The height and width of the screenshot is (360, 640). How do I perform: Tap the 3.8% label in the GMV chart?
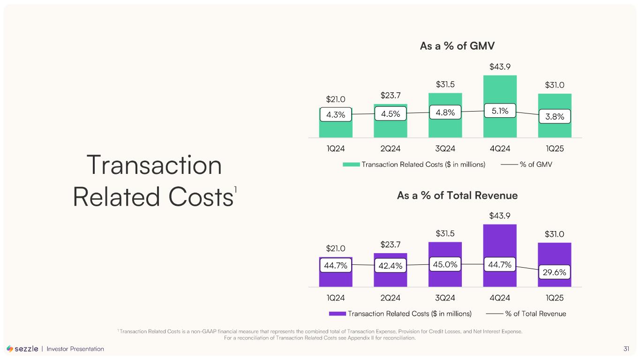[x=555, y=116]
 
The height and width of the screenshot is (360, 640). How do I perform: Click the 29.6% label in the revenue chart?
[x=555, y=272]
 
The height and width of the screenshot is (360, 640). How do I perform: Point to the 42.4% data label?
[x=390, y=266]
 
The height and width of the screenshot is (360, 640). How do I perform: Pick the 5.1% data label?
[x=499, y=111]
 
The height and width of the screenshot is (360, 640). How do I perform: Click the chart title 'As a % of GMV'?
[x=458, y=46]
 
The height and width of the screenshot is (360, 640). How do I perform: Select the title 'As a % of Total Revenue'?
[x=457, y=195]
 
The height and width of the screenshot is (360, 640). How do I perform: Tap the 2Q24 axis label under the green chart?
[x=390, y=149]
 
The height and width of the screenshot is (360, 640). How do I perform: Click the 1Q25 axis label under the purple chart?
[x=555, y=298]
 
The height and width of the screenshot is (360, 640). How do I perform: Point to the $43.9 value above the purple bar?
[x=500, y=216]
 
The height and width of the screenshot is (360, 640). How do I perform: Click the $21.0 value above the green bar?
[x=336, y=99]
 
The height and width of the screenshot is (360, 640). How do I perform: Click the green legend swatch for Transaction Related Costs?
[x=351, y=165]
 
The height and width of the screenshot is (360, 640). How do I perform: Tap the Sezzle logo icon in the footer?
[x=10, y=349]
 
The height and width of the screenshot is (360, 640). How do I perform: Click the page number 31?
[x=626, y=349]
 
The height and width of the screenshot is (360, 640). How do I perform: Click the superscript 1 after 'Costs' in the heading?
[x=236, y=190]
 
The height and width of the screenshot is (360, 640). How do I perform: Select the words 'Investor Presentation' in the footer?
[x=75, y=349]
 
